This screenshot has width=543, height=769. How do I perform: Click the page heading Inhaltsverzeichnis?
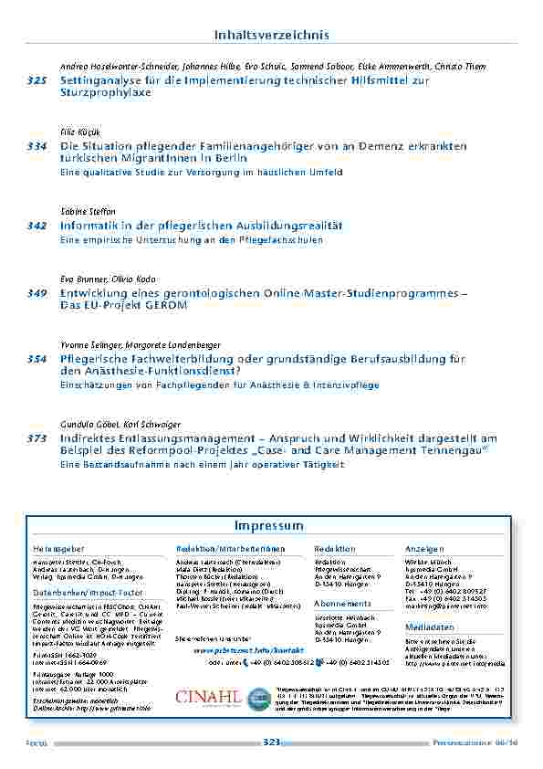(x=271, y=36)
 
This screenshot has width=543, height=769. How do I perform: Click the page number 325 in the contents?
(x=37, y=81)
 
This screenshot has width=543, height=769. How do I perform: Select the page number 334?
(x=37, y=146)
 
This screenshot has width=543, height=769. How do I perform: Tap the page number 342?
(x=37, y=225)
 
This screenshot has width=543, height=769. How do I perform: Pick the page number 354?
(x=37, y=359)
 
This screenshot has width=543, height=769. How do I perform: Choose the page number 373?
(x=37, y=439)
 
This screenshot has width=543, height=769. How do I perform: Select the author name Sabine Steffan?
(x=82, y=211)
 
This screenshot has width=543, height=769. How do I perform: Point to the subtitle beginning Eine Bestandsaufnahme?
(x=201, y=465)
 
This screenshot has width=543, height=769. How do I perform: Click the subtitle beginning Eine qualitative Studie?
(x=201, y=172)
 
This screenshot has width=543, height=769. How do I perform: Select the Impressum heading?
(x=271, y=527)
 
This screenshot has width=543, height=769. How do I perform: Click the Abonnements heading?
(x=342, y=604)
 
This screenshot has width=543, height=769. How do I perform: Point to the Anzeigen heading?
(x=423, y=549)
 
